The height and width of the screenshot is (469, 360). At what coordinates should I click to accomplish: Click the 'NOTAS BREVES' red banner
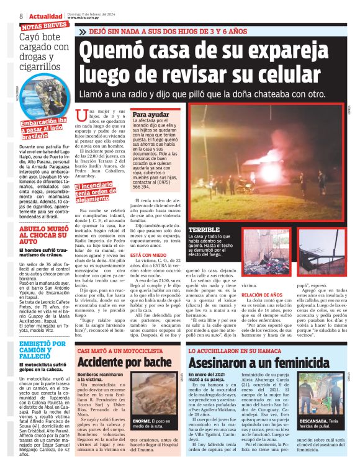(x=44, y=27)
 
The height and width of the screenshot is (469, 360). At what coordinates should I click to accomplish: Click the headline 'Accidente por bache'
(x=124, y=362)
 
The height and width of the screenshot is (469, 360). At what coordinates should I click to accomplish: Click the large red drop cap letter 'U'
(x=81, y=115)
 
